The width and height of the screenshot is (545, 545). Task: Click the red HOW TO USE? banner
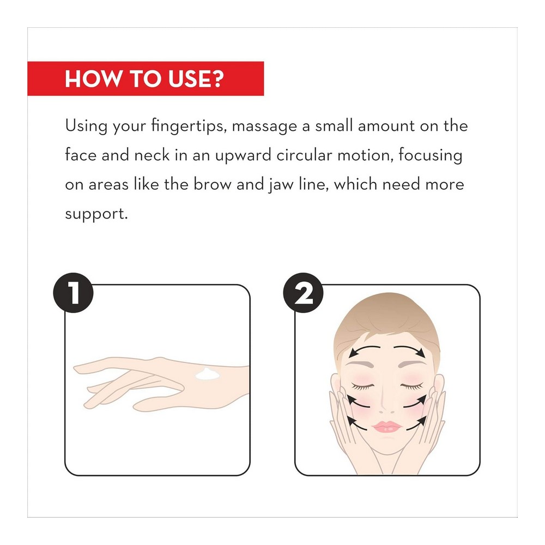pyautogui.click(x=146, y=78)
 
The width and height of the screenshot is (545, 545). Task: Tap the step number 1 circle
pyautogui.click(x=74, y=293)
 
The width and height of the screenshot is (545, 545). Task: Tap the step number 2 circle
pyautogui.click(x=304, y=293)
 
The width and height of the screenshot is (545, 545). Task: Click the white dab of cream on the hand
pyautogui.click(x=207, y=374)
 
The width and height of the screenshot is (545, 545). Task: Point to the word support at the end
pyautogui.click(x=96, y=214)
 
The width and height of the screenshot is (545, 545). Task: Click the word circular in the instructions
pyautogui.click(x=304, y=155)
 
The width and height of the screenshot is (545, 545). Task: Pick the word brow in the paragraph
pyautogui.click(x=212, y=184)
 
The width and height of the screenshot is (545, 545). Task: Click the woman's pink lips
pyautogui.click(x=387, y=427)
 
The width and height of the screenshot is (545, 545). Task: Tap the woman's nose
pyautogui.click(x=386, y=403)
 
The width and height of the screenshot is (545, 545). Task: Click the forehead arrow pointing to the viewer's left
pyautogui.click(x=365, y=350)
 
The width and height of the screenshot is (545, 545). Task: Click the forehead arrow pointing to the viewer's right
pyautogui.click(x=410, y=350)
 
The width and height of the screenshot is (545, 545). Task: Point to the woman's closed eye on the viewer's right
pyautogui.click(x=412, y=386)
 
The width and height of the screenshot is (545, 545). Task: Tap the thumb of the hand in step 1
pyautogui.click(x=160, y=404)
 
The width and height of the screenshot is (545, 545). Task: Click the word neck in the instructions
pyautogui.click(x=152, y=155)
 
